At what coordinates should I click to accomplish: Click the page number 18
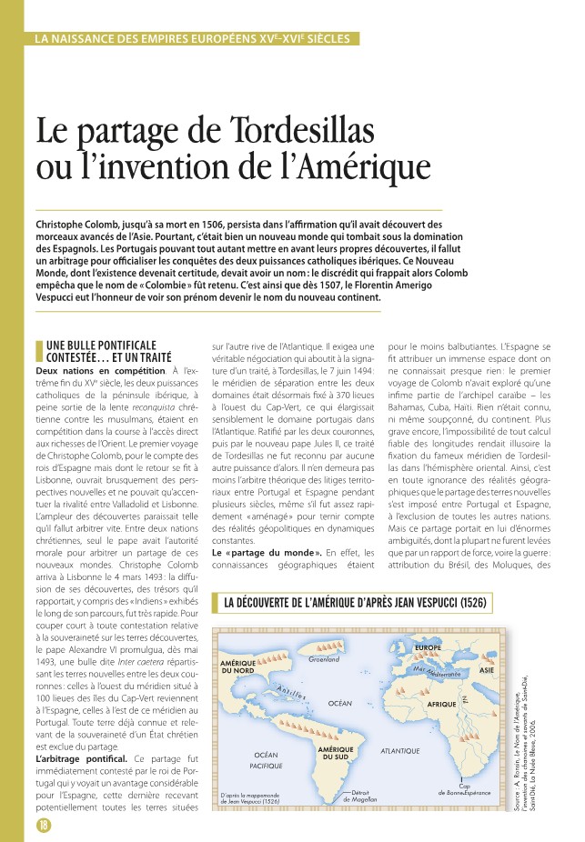[43, 824]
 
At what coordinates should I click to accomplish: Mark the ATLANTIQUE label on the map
[399, 751]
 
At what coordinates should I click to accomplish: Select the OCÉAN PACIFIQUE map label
[266, 761]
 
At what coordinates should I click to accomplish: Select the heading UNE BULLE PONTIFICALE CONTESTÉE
[102, 351]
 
